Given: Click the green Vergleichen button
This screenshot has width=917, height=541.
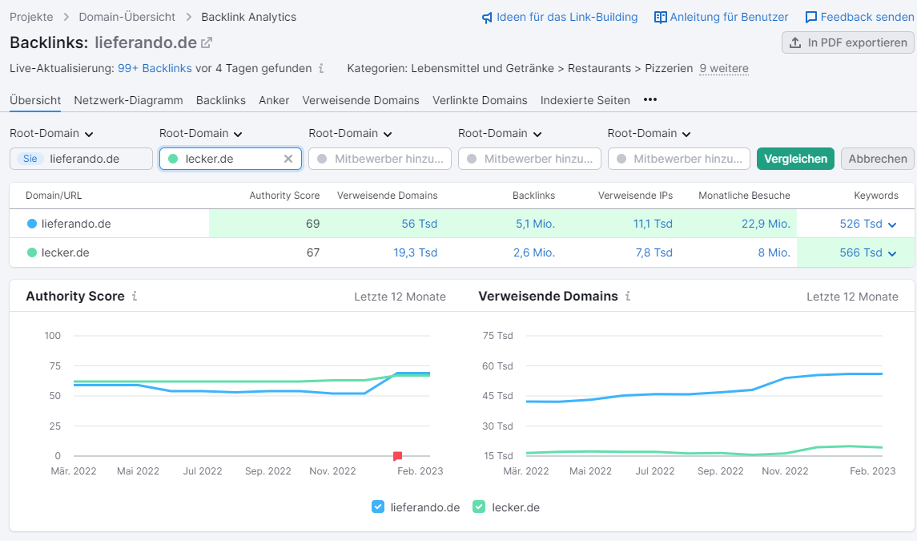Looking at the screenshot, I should (795, 159).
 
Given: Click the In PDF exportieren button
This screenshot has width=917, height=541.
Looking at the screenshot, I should (847, 42).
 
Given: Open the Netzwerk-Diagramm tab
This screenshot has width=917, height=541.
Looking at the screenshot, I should (128, 100).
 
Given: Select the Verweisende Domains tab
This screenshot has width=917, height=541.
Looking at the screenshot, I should (360, 100).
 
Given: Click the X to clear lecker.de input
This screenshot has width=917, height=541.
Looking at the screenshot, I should (288, 159).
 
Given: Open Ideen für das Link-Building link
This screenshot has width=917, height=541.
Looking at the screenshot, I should (559, 17).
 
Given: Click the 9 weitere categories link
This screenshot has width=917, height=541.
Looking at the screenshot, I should (724, 68).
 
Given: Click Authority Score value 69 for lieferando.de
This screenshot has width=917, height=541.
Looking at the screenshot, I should (312, 224).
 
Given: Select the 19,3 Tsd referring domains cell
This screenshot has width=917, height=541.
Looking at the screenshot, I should (415, 252).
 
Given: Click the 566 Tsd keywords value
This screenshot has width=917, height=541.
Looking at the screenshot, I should (861, 252).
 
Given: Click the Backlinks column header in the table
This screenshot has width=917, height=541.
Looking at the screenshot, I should (533, 195).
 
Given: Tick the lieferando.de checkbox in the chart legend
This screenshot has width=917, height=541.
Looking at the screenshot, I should (379, 507).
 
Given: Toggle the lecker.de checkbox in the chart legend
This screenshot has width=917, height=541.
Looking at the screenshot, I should (479, 507).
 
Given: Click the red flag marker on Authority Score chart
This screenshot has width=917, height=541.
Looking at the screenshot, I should (397, 456).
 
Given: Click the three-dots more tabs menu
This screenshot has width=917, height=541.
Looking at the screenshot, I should (650, 100).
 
